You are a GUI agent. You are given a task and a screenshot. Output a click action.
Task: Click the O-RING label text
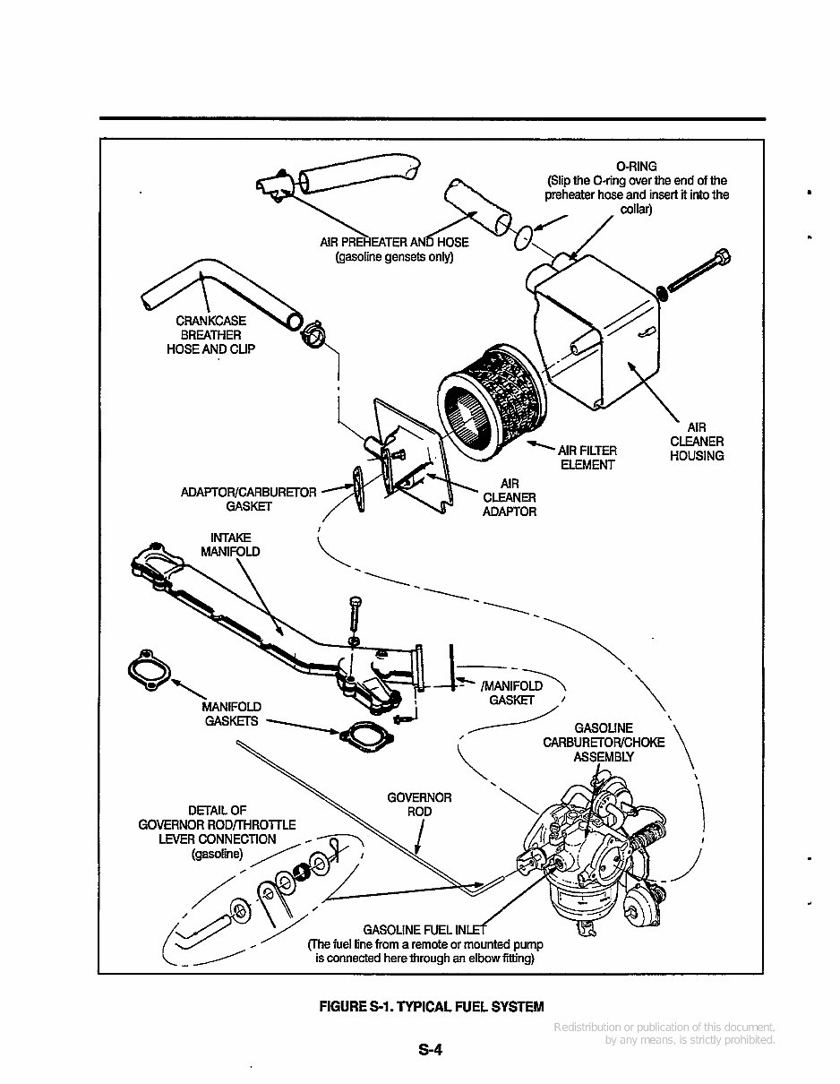pyautogui.click(x=637, y=167)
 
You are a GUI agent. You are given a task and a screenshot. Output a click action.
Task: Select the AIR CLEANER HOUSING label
pyautogui.click(x=697, y=442)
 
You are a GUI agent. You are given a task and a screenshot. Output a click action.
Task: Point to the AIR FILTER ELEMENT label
pyautogui.click(x=587, y=458)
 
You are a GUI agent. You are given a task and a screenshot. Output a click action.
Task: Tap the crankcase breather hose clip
pyautogui.click(x=314, y=333)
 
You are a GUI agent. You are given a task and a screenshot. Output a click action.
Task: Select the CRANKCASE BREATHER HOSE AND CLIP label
pyautogui.click(x=210, y=335)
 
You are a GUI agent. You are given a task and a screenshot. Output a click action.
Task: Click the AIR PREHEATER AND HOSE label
pyautogui.click(x=394, y=249)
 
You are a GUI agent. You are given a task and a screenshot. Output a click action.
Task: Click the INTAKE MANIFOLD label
pyautogui.click(x=230, y=545)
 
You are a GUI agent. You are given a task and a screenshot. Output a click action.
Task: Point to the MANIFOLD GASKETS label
pyautogui.click(x=231, y=714)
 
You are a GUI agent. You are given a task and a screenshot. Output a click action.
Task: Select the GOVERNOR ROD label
pyautogui.click(x=419, y=804)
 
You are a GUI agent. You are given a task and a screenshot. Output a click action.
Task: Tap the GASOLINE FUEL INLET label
pyautogui.click(x=424, y=928)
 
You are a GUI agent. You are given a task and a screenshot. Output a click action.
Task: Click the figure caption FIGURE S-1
pyautogui.click(x=432, y=1007)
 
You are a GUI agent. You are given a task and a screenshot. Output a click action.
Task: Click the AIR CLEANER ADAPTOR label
pyautogui.click(x=510, y=497)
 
